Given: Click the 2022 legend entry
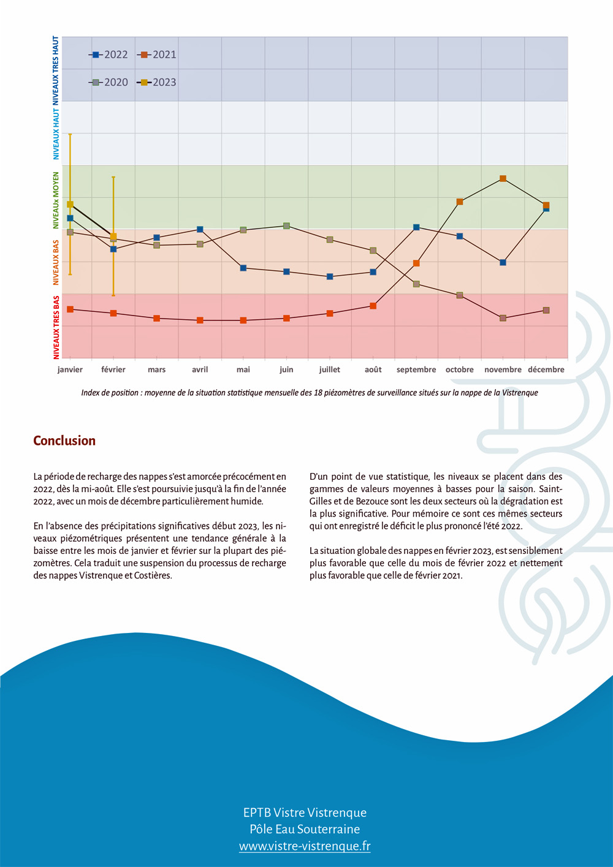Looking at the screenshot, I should coord(109,55).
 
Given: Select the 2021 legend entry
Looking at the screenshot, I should coord(158,55).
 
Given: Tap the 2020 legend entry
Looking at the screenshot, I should coord(109,82).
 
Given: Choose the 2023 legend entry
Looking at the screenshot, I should coord(158,82).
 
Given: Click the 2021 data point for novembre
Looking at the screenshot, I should coord(503,179).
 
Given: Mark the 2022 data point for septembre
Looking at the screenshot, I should coord(416,227).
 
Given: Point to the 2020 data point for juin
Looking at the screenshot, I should coord(286,226).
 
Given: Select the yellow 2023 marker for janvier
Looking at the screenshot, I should coord(70,205).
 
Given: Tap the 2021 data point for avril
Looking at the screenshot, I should coord(200,320).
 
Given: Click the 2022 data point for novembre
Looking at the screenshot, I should coord(503,262).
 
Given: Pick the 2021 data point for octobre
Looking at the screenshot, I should coord(460,202).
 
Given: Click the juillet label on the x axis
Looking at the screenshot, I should coord(330,369).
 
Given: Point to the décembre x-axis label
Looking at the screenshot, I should coord(546,369).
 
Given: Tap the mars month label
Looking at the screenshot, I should coord(156,369).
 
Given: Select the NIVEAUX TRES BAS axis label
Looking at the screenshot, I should coord(56,327).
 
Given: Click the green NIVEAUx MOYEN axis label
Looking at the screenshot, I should coord(56,200).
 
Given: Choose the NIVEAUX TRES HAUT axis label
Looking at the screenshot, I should coord(56,71).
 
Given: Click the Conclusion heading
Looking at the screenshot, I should coord(64,441).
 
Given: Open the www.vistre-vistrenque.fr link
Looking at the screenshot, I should coord(305,846).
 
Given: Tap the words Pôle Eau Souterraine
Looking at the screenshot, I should coord(305,829).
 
